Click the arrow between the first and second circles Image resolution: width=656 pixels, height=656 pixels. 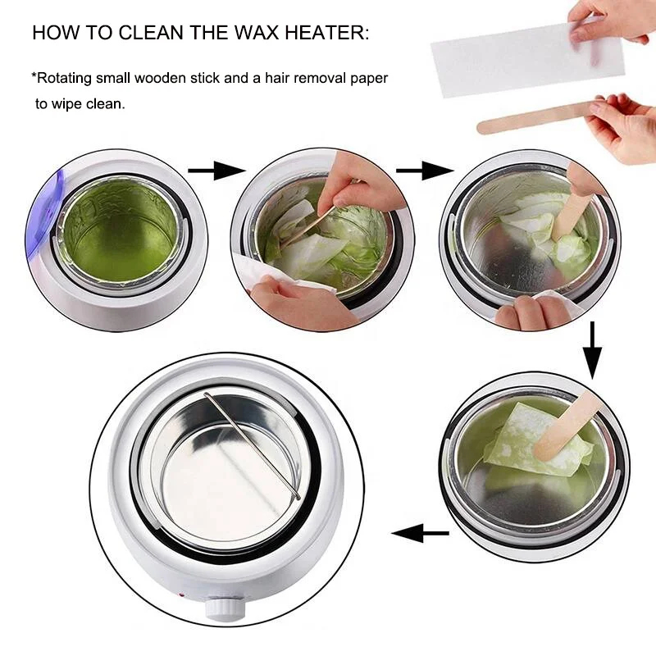click(x=216, y=171)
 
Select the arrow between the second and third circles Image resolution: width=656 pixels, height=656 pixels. click(x=424, y=171)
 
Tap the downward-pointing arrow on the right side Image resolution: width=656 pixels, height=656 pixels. click(x=592, y=348)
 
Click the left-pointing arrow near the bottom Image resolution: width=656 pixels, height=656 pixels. click(x=420, y=534)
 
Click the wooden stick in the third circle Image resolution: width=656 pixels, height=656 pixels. click(x=571, y=213)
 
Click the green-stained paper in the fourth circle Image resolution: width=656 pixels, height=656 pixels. click(x=525, y=447)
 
